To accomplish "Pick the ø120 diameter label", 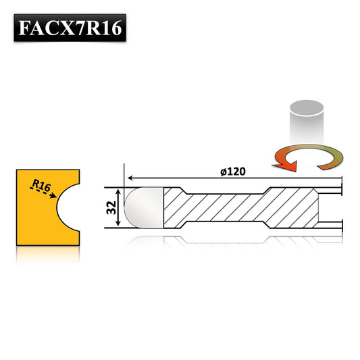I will click(x=232, y=172).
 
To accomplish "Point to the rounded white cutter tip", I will click(x=143, y=208).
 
